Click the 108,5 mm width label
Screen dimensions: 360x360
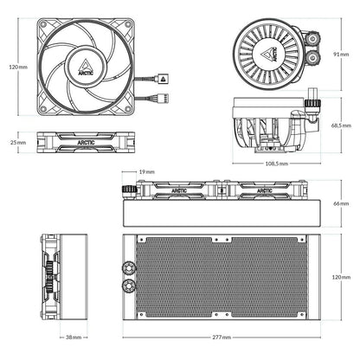click(x=277, y=162)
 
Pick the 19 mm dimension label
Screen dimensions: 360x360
click(x=145, y=172)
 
